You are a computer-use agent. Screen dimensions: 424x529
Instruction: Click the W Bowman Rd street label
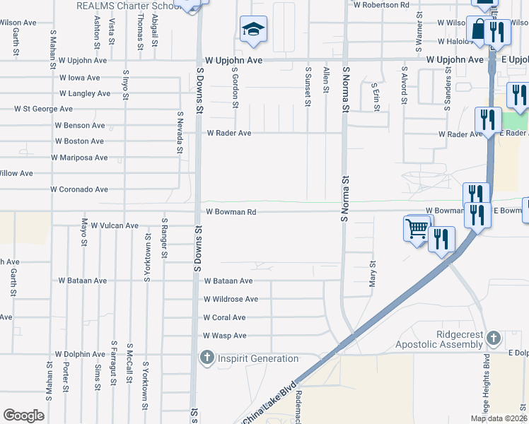(231, 211)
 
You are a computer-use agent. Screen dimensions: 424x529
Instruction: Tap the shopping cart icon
(417, 228)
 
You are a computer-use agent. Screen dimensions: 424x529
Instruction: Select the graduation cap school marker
(253, 30)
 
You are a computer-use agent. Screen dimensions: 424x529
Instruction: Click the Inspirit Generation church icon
(207, 358)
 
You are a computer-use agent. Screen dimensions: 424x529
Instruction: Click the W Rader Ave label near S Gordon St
(228, 133)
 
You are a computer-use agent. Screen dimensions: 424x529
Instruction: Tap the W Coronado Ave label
(79, 189)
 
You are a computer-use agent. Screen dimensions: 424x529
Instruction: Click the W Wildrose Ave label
(231, 300)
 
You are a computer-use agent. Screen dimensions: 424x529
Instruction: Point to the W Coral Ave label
(224, 318)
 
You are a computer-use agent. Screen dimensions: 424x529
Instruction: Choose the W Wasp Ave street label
(224, 336)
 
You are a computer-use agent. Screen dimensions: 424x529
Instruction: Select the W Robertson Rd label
(381, 4)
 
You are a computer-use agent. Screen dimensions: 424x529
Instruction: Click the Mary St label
(372, 272)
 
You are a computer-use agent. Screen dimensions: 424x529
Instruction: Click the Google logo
(24, 416)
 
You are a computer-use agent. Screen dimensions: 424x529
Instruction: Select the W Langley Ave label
(85, 93)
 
